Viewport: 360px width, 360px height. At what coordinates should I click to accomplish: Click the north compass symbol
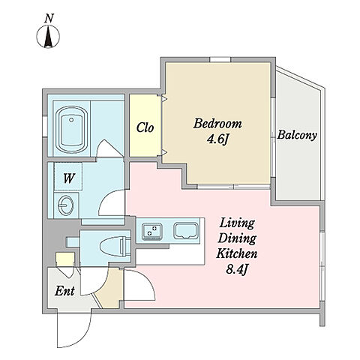pos(48,37)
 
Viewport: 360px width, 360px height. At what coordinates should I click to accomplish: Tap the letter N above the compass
pos(49,19)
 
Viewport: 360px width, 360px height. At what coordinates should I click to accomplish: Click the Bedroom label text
pos(217,124)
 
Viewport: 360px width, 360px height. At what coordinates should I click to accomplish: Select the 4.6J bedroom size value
pos(218,139)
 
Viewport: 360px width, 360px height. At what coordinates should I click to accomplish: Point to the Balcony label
pos(297,135)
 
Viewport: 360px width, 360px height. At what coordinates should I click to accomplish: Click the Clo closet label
pos(145,127)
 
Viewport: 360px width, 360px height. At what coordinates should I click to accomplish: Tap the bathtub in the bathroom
pos(71,130)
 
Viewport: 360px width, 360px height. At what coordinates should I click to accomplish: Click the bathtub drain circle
pos(71,120)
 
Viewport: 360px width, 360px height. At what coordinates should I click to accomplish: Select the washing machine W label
pos(69,178)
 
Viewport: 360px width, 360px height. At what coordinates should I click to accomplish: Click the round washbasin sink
pos(66,205)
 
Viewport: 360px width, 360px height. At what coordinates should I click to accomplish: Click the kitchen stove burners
pos(151,230)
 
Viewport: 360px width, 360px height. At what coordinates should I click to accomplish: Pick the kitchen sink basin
pos(186,231)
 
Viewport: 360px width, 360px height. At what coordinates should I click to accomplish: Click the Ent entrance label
pos(64,291)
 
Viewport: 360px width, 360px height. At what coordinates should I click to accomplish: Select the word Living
pos(237,223)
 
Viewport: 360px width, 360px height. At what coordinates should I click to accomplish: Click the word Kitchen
pos(237,253)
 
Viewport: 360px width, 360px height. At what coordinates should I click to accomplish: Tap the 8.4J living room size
pos(237,269)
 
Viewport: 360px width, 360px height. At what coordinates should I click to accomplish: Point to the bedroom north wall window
pos(220,59)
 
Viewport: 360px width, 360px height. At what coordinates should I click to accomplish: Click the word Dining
pos(237,239)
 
